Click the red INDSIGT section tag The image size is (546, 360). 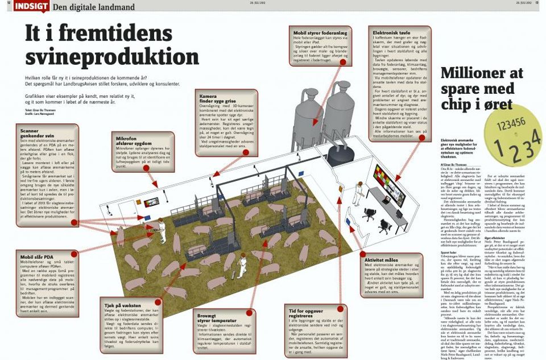[31, 6]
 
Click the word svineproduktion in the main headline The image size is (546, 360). [111, 57]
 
